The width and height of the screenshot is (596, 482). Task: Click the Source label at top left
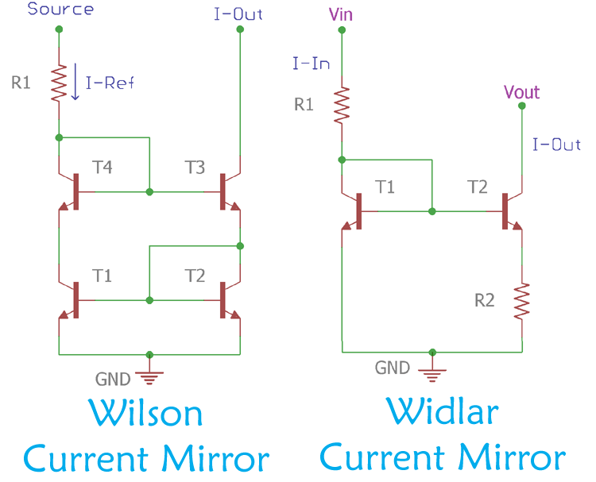click(60, 10)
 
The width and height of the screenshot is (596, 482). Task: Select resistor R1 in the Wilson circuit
click(59, 83)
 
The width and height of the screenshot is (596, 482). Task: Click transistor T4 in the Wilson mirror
click(73, 191)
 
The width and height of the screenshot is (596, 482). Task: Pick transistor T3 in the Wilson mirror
click(226, 191)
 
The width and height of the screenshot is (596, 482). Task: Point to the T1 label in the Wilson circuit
click(102, 276)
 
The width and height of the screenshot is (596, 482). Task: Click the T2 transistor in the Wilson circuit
click(226, 300)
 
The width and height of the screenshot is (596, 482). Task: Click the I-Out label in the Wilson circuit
click(239, 13)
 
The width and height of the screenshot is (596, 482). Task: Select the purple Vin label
click(343, 13)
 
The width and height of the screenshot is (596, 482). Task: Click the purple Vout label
click(521, 92)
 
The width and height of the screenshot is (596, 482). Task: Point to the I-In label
click(311, 64)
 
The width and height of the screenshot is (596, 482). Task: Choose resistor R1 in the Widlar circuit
click(343, 105)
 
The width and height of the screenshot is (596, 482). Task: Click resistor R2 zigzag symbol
click(522, 301)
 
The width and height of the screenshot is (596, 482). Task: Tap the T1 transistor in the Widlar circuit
click(357, 211)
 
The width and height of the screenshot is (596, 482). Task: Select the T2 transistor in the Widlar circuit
click(509, 211)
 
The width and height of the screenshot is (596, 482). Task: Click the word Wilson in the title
click(145, 414)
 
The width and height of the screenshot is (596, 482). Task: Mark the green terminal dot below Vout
click(522, 110)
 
